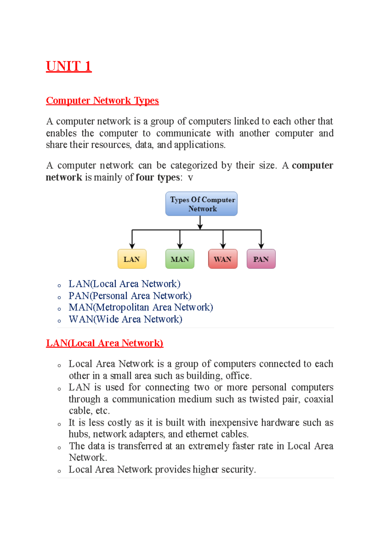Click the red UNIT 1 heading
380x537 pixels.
point(69,66)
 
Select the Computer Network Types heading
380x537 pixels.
point(102,101)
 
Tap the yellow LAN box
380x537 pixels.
point(132,259)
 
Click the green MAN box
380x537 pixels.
point(180,259)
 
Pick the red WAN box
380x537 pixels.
point(223,259)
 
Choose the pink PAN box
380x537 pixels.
point(261,259)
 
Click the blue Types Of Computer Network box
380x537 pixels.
point(201,204)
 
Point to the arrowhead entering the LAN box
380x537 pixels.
point(132,246)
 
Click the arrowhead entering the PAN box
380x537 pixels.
point(261,246)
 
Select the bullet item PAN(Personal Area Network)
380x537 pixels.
point(130,296)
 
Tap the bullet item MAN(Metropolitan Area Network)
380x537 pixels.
point(141,307)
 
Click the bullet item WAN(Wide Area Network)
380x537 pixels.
point(125,319)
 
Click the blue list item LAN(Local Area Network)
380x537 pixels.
point(124,284)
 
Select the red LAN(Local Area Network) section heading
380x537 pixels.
point(104,343)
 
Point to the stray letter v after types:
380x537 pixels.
point(190,178)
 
